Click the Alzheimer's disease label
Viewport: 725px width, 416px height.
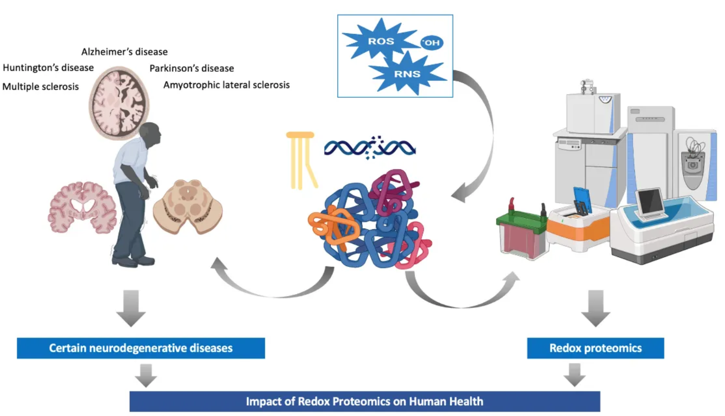click(124, 52)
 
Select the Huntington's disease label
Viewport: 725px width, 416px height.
click(48, 67)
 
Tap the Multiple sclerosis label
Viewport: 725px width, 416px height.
click(41, 86)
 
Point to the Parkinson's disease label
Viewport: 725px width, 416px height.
click(192, 68)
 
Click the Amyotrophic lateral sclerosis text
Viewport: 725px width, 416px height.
click(226, 85)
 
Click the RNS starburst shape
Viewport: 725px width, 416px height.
click(407, 74)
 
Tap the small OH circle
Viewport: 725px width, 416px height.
click(432, 42)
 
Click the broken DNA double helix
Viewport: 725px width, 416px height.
click(369, 148)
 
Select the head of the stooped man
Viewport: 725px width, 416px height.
click(150, 134)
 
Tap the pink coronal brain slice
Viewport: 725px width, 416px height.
click(82, 207)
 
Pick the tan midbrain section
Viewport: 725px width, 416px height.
click(188, 205)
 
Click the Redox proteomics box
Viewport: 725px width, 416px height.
click(595, 348)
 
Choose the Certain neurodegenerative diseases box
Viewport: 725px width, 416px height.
click(141, 348)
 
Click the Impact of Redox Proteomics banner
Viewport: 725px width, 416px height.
click(365, 402)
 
